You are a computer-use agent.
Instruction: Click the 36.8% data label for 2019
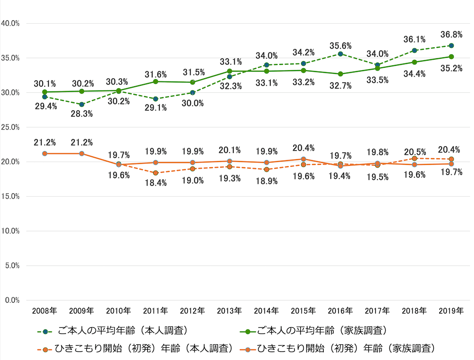point(451,35)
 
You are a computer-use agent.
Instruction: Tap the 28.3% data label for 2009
point(82,114)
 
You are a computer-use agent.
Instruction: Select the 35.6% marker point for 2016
point(340,54)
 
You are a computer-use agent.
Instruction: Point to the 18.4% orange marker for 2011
point(155,173)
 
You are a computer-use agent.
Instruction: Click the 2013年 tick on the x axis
point(229,311)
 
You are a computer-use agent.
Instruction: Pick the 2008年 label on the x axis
point(45,311)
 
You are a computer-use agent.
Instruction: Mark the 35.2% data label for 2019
point(451,68)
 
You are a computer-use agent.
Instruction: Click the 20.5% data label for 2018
point(414,152)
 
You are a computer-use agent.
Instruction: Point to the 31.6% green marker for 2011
point(155,81)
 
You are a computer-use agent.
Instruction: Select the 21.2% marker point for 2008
point(45,153)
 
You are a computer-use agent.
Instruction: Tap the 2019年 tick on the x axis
point(451,311)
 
